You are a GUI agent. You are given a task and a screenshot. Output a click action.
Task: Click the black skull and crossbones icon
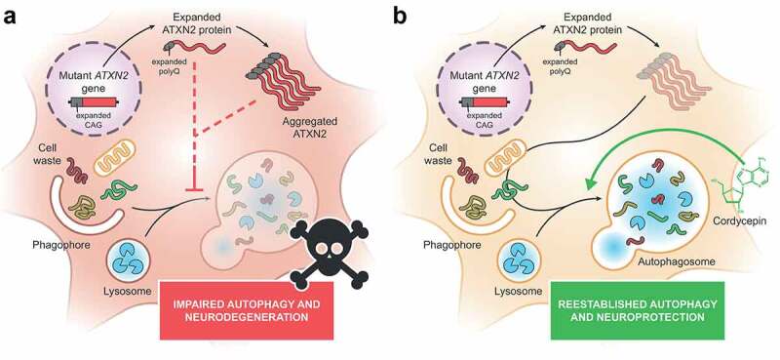tap(329, 254)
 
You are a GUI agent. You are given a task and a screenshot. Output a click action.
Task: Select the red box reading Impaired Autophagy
tap(246, 310)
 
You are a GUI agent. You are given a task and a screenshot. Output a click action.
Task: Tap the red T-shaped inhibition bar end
tap(192, 190)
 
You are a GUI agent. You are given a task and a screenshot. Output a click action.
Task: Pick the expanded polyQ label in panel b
tap(560, 66)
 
